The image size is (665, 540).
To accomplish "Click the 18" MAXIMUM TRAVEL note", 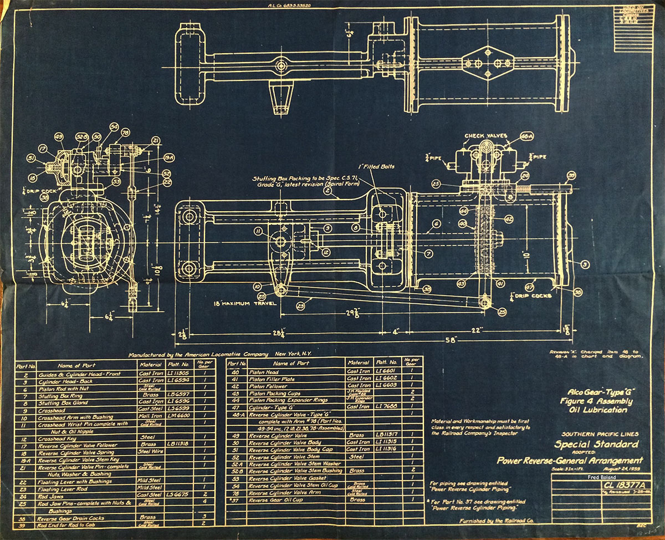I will coord(244,304).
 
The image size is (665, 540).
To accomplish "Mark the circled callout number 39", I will coord(571,175).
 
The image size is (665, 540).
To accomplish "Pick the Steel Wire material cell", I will coord(151,452).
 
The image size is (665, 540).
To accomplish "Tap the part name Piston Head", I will coord(264,371).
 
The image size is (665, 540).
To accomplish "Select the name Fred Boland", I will coord(600,476).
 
